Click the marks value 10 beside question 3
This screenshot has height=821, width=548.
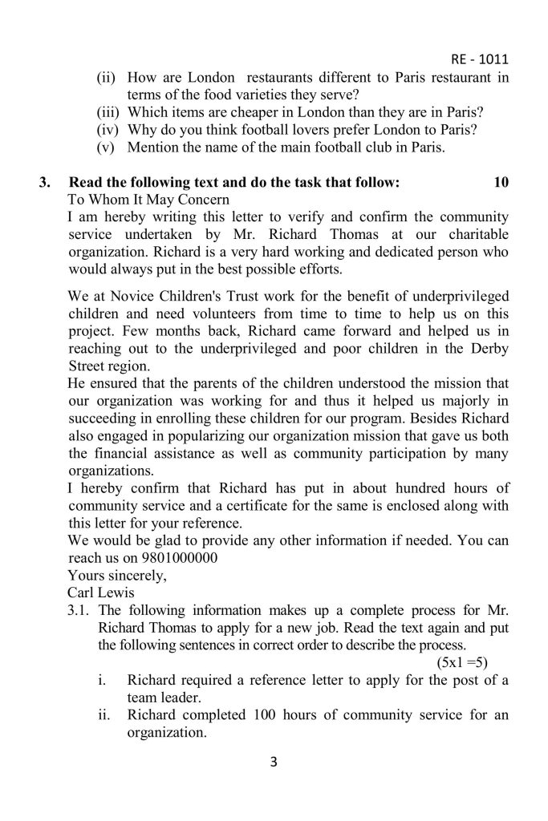coord(501,182)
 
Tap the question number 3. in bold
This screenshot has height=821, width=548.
coord(46,182)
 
